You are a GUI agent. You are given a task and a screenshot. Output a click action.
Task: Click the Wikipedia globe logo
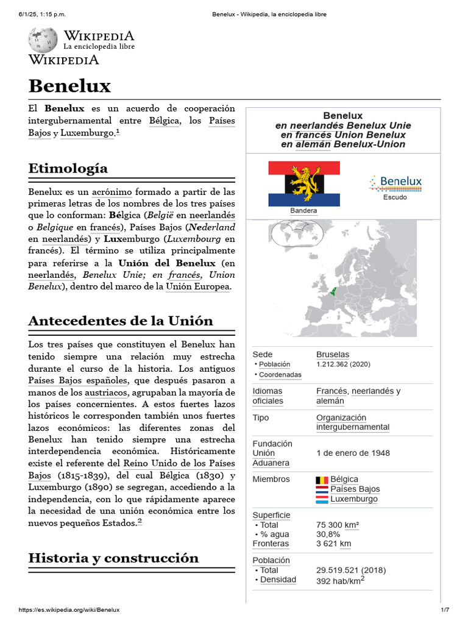pos(43,39)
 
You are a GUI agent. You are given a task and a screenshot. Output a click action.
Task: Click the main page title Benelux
pos(69,86)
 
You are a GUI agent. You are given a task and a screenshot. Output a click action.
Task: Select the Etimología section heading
pos(68,168)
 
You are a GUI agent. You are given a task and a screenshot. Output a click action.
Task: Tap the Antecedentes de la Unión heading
pos(121,321)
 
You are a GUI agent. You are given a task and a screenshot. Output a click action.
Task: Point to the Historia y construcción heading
pos(113,558)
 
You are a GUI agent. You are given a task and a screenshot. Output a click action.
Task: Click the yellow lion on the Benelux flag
pos(304,183)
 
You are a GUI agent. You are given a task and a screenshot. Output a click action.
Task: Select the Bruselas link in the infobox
pos(333,355)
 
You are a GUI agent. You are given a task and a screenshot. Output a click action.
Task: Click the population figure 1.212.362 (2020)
pos(343,364)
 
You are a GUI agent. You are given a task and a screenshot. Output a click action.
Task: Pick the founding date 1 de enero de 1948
pos(353,453)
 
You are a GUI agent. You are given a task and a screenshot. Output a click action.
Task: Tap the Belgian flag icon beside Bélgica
pos(322,480)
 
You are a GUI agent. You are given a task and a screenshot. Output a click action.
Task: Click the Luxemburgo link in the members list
pos(353,499)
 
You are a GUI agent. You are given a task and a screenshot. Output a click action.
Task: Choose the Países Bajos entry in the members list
pos(355,489)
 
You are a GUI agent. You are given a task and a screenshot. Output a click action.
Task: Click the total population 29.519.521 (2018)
pos(351,570)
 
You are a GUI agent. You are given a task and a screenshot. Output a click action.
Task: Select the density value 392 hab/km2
pos(340,580)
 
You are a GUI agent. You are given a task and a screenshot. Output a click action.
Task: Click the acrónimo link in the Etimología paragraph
pos(112,192)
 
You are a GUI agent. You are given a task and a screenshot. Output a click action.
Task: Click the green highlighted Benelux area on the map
pos(333,291)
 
